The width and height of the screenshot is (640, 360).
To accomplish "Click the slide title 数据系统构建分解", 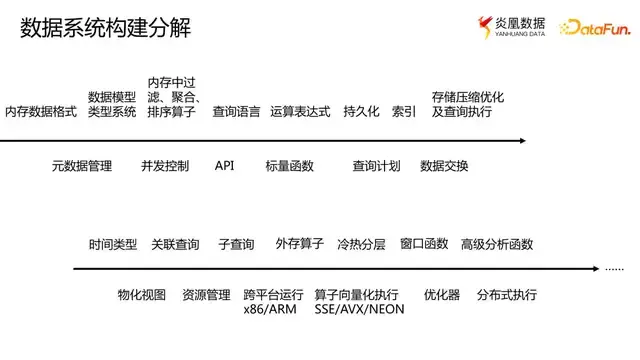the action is [105, 29].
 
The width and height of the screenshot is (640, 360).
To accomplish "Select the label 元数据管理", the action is [82, 165].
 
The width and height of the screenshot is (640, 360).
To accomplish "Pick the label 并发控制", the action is [165, 165].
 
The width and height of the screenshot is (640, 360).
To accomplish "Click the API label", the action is [224, 165].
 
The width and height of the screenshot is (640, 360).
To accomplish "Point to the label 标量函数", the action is [289, 165].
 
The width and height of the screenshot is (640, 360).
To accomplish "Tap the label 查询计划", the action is [377, 165].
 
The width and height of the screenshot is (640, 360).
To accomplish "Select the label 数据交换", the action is [444, 165].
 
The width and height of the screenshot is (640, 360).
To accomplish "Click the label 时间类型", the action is [113, 244].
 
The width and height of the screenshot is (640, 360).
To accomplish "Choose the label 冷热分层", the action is [361, 244].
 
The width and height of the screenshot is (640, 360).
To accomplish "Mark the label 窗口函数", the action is [424, 244].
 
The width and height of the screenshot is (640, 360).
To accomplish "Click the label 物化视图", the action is [141, 295].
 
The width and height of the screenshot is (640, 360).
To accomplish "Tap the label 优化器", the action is [441, 295].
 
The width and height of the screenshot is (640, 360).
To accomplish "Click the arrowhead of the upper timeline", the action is [521, 140].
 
